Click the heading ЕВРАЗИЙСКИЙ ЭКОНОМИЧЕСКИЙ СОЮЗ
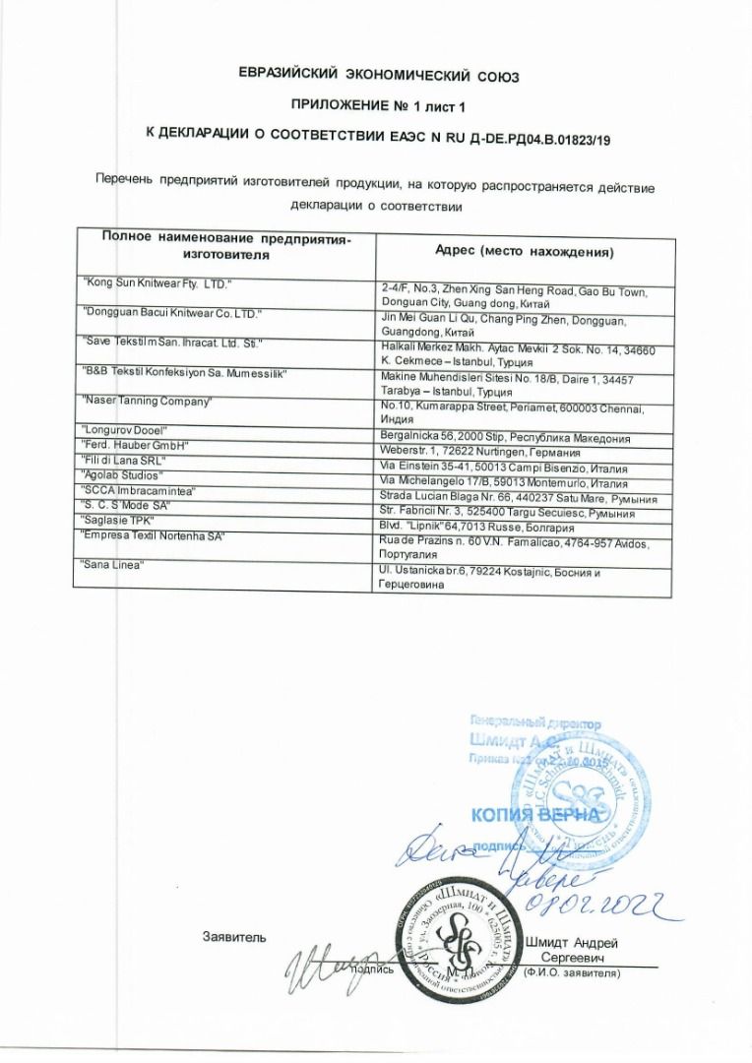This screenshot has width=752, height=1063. tap(380, 76)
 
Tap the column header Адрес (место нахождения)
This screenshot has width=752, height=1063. tap(525, 252)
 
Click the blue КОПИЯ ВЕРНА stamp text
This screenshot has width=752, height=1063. tap(534, 815)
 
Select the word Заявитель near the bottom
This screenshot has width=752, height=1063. tap(233, 936)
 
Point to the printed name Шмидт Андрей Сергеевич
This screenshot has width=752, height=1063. tap(572, 948)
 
